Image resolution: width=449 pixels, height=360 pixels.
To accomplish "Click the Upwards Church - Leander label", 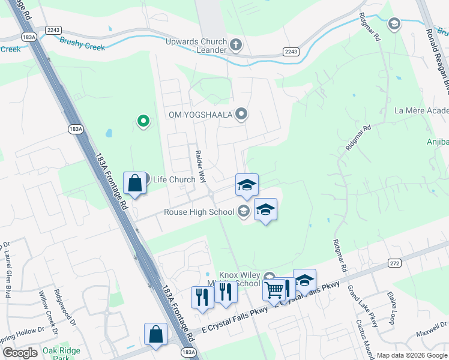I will (x=196, y=46).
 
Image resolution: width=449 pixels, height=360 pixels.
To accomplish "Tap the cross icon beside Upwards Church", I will (x=236, y=44).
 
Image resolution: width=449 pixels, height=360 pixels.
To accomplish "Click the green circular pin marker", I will (x=143, y=122).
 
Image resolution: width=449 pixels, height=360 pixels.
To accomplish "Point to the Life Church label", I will (x=174, y=179).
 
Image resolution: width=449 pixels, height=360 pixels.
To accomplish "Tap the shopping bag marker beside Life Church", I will (x=135, y=183).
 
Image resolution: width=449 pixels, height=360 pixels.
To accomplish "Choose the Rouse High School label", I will (x=200, y=212).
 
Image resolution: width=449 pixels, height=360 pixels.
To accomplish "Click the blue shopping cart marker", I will (x=274, y=290).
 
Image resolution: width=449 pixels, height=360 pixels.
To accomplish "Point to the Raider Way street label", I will (x=200, y=163).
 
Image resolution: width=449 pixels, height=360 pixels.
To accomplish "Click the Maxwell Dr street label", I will (x=431, y=329).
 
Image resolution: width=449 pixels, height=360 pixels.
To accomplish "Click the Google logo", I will (x=20, y=353).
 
